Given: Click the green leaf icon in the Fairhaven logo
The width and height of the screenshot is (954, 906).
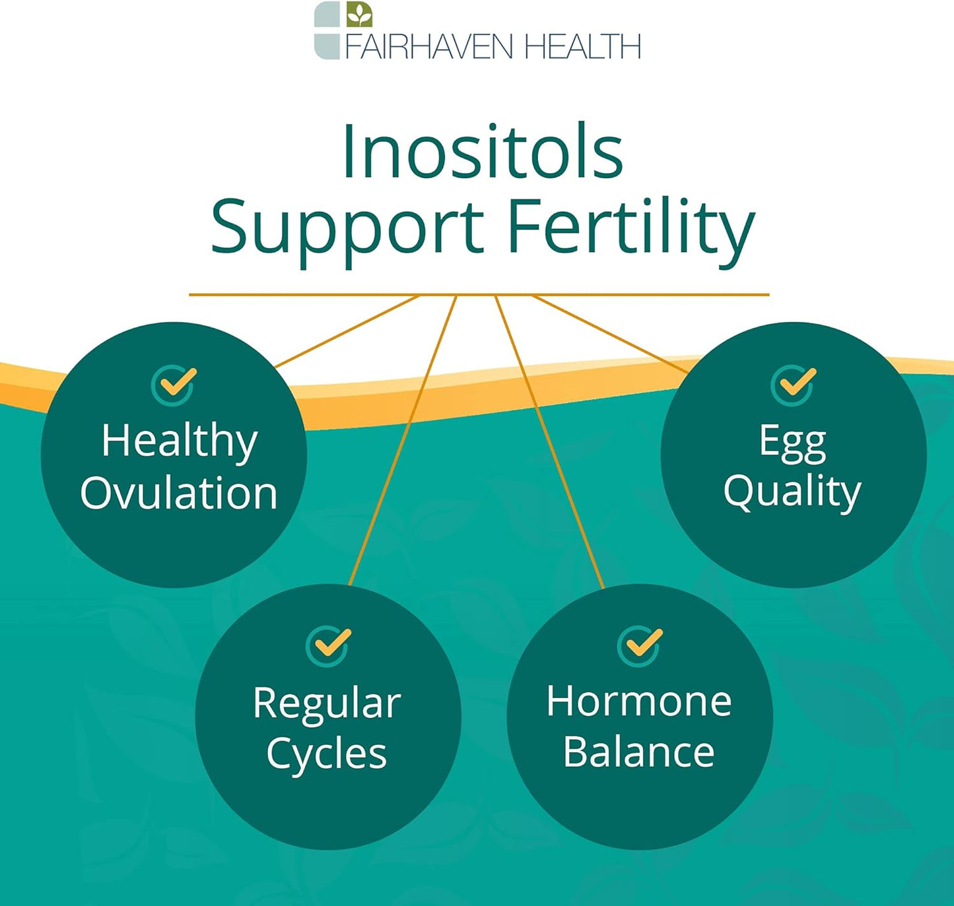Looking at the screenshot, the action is point(359,15).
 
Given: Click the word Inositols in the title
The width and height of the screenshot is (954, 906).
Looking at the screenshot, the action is point(483,151).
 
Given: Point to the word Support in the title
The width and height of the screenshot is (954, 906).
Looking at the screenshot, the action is point(347,232).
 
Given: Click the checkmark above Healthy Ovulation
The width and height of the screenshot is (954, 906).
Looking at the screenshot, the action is point(175,385).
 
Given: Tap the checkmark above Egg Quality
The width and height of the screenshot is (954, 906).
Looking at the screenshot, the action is point(794,385).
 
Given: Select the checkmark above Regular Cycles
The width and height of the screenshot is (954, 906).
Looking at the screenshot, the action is point(329,646).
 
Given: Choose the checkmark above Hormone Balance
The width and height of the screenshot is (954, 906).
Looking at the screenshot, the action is point(640,646).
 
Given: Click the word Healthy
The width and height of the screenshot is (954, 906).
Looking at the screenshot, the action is point(180,442).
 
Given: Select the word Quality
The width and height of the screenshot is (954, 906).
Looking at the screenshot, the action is point(792,493).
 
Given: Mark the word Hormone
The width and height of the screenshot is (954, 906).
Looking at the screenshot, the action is point(639,701).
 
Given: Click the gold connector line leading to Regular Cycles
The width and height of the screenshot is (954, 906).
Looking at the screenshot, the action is point(403,440).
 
